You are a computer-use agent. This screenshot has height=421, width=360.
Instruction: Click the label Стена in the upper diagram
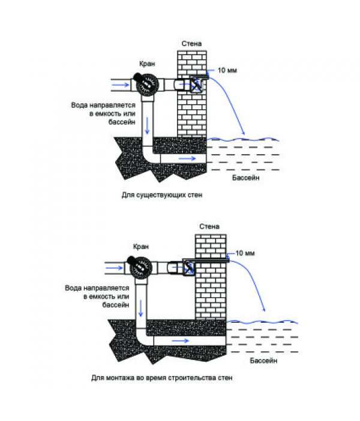click(x=191, y=44)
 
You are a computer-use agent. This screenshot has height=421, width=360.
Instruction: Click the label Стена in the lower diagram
click(x=209, y=227)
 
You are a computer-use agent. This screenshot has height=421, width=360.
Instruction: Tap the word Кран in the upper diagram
click(x=147, y=64)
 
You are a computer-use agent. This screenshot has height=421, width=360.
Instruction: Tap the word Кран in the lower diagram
click(x=141, y=246)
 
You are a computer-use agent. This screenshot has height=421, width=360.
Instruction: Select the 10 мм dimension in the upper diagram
click(x=227, y=70)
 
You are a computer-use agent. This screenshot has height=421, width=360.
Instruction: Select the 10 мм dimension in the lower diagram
click(x=245, y=253)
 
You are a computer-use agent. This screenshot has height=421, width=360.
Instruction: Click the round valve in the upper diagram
click(x=147, y=85)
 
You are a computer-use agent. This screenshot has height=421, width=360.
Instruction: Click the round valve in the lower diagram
click(x=141, y=267)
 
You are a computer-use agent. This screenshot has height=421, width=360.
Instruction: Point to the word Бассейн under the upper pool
click(x=246, y=178)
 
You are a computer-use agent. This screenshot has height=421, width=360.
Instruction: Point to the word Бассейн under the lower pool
click(x=263, y=360)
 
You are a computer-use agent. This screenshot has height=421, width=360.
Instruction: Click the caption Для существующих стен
click(x=162, y=195)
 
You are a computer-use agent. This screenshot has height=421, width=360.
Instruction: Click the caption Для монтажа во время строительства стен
click(x=162, y=378)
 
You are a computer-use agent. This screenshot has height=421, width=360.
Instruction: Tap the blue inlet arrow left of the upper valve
click(x=121, y=85)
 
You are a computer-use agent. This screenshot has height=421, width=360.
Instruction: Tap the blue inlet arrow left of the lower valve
click(x=114, y=268)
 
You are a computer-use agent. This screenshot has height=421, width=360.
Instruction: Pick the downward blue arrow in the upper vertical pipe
click(x=147, y=125)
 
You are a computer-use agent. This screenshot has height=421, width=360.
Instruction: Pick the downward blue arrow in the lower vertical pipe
click(x=140, y=308)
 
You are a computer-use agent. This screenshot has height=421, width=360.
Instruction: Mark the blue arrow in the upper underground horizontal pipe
click(x=187, y=158)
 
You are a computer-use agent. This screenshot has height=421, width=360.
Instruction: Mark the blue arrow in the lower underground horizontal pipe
click(x=180, y=341)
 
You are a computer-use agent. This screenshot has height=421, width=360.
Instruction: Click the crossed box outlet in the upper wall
click(x=196, y=85)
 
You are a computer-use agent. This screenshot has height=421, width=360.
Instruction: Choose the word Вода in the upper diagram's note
click(x=79, y=106)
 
